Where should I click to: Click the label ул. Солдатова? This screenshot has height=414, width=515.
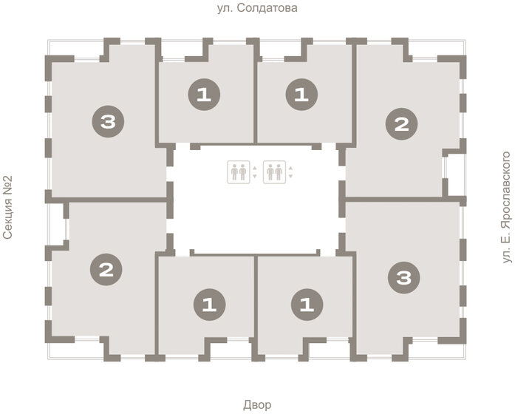coord(257,9)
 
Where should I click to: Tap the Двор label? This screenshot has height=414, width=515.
coord(257,404)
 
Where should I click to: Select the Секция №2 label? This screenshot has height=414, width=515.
coord(8,208)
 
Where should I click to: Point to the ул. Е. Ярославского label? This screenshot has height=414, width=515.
coord(506,208)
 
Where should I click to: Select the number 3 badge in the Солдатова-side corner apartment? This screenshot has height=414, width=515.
coord(108,121)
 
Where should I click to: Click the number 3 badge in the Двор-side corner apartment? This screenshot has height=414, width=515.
coord(403,278)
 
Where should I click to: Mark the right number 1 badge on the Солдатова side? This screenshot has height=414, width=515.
coord(301,95)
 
